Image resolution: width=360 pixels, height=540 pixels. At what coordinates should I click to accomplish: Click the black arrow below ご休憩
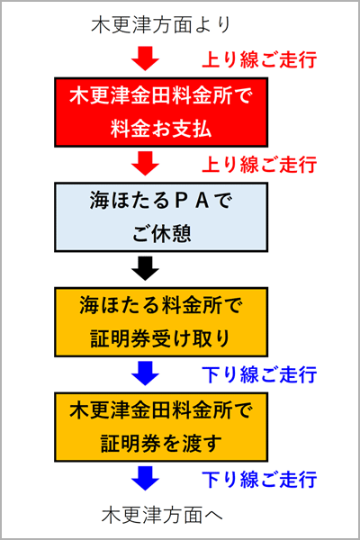point(144,268)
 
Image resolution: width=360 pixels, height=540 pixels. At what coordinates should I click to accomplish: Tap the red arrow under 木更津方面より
point(144,58)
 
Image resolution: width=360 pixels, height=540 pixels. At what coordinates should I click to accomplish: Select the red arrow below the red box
point(144,164)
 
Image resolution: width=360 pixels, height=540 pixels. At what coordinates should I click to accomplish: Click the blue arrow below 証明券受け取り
point(144,373)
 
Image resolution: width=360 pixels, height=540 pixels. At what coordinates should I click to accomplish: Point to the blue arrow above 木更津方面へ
point(144,477)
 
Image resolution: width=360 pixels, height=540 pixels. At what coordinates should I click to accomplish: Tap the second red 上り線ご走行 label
point(257,165)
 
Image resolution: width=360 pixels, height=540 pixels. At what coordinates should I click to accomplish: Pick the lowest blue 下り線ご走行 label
point(257,478)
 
